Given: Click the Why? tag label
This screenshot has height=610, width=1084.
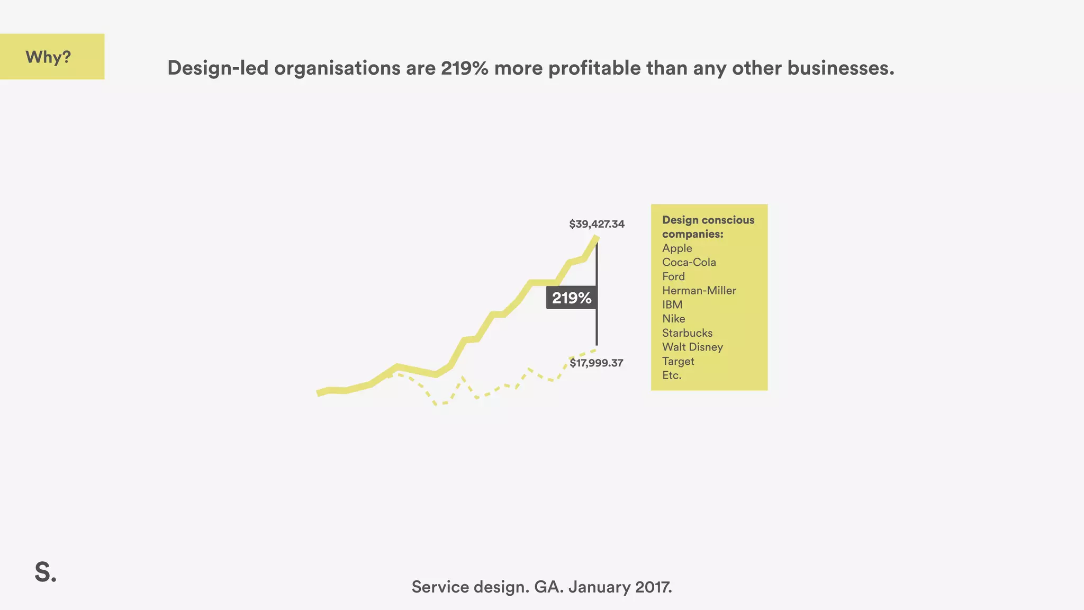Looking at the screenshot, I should [48, 57].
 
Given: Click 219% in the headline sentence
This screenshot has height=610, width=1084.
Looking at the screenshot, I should [464, 68].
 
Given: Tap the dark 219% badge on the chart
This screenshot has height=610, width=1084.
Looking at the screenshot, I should [572, 298].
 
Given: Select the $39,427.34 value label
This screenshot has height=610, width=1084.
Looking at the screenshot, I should [597, 224].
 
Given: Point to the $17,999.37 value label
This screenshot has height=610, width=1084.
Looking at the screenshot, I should [596, 363].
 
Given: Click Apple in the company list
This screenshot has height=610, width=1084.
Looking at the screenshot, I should [677, 248].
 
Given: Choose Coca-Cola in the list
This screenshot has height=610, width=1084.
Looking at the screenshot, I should [689, 263].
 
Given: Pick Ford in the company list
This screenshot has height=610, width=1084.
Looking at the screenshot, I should [673, 276].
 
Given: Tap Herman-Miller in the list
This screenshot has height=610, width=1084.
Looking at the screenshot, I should [699, 291].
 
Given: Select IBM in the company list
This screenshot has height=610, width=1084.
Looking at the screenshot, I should [672, 305].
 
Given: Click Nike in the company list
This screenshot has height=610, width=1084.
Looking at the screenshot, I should [673, 319].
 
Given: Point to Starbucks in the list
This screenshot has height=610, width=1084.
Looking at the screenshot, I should [687, 333].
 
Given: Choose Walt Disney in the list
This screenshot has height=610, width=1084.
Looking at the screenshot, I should [692, 347].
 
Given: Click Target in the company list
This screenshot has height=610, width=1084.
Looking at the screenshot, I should [678, 361].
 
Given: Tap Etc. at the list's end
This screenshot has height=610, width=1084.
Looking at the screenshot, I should [672, 375].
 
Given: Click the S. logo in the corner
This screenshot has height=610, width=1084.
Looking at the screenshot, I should [46, 572].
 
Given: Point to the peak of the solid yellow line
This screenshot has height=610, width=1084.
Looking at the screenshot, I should [597, 238].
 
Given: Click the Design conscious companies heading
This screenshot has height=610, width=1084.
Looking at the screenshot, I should [708, 227].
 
